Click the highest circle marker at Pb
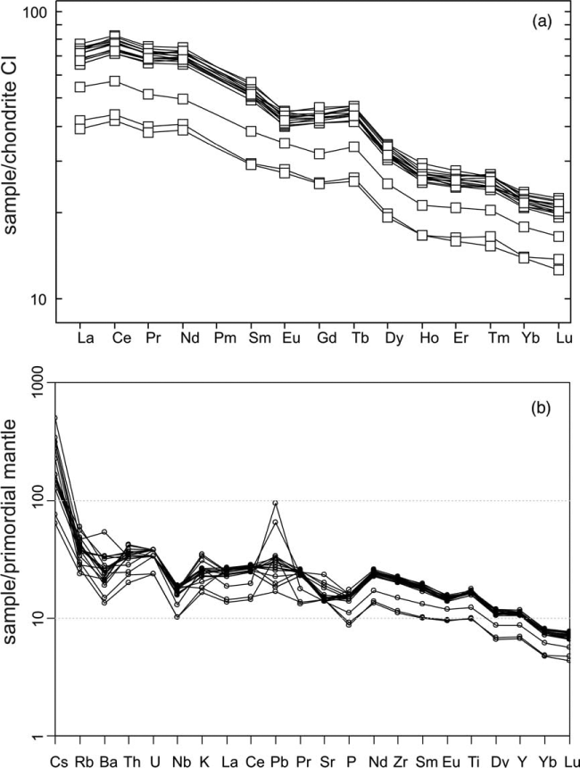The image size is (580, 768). coord(275,503)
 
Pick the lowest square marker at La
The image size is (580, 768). coord(79,129)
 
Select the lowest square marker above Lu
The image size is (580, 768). coord(559,269)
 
